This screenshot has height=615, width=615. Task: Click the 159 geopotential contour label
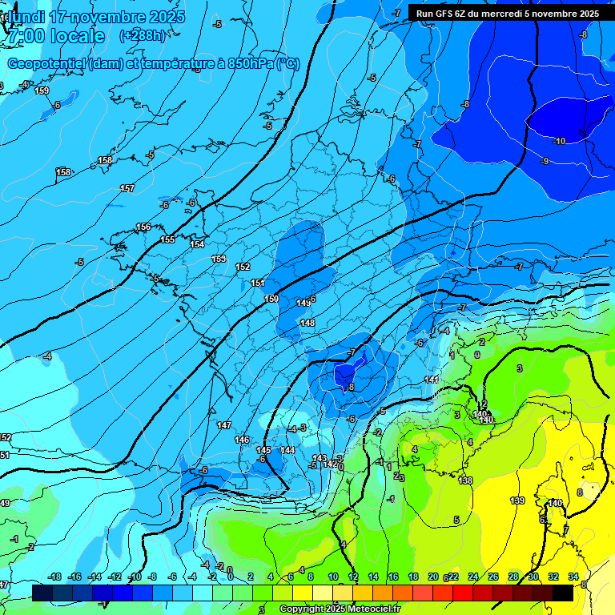pos(42,90)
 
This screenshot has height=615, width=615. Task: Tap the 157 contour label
pos(127,188)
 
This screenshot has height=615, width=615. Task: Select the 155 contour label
pos(167,239)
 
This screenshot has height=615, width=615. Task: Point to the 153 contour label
pos(219,259)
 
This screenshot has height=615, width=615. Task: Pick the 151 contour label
pos(258,283)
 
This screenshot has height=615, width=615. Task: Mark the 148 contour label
pos(307,323)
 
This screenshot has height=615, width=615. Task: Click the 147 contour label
pos(224,425)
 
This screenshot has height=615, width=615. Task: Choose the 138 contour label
pos(465,480)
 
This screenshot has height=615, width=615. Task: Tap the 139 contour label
pos(517,500)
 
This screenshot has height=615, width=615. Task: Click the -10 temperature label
pos(558,141)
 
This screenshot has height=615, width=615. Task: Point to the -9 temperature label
pos(545,161)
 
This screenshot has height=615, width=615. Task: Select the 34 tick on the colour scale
pos(573,577)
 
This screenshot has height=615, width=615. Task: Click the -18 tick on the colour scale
pos(54,577)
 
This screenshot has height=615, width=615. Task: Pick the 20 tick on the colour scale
pos(433,577)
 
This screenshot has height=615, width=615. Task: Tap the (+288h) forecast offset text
pos(143,36)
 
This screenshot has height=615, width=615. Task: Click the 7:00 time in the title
pos(26,36)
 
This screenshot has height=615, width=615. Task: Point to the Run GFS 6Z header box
pos(507,13)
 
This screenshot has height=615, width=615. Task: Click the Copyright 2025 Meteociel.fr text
pos(340,609)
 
